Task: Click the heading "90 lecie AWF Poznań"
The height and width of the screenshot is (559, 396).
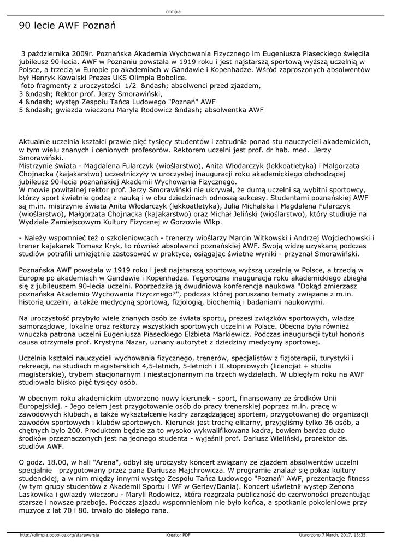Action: click(x=67, y=26)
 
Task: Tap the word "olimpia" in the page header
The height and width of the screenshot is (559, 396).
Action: click(x=173, y=11)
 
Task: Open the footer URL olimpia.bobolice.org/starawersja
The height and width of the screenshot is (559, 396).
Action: click(x=59, y=535)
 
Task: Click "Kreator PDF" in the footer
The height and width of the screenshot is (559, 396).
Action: click(x=178, y=535)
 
